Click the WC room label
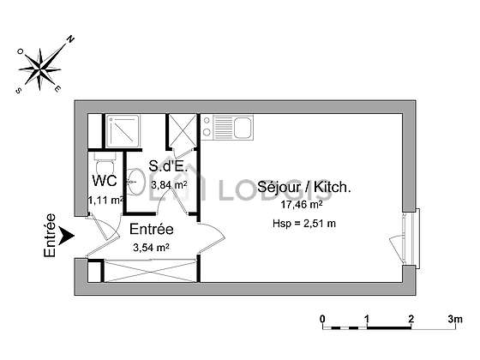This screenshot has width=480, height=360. tap(105, 181)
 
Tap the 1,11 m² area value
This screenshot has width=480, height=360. tap(105, 201)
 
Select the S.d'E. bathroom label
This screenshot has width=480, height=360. tap(167, 166)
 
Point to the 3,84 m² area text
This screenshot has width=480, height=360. tap(170, 184)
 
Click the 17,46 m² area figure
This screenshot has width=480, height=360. tap(302, 204)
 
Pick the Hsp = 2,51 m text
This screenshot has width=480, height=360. tap(304, 224)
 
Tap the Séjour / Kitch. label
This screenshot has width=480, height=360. tap(304, 187)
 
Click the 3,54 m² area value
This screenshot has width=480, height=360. tap(151, 247)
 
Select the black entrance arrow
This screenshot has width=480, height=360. tap(66, 236)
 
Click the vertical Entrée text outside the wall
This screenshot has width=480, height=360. tap(50, 236)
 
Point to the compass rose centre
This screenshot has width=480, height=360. tap(39, 69)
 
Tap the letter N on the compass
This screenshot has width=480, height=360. tap(71, 39)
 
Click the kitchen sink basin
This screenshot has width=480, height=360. tap(243, 128)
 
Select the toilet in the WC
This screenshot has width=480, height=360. tap(105, 164)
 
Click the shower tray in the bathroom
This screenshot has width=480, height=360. tap(123, 130)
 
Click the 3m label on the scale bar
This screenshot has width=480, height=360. tap(455, 319)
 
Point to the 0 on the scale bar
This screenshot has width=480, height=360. tap(322, 319)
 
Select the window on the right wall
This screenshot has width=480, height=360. tap(411, 239)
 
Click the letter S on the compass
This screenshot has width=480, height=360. tap(19, 90)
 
